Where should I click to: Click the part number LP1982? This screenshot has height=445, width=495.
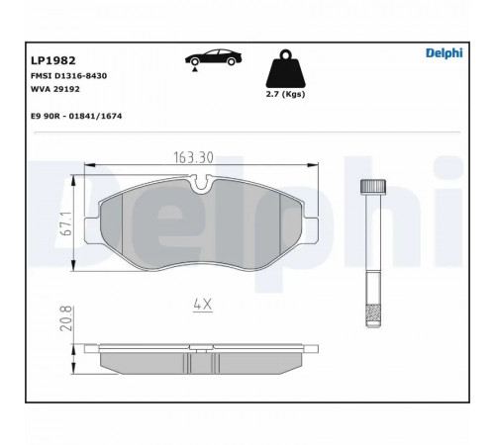click(x=53, y=60)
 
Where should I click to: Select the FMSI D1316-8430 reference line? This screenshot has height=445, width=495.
click(x=68, y=76)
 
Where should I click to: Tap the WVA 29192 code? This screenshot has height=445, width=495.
click(x=55, y=89)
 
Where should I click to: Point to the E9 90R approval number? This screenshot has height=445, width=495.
click(x=76, y=116)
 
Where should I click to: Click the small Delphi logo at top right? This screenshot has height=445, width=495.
click(x=445, y=53)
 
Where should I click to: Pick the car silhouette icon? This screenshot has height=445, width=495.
click(x=214, y=57)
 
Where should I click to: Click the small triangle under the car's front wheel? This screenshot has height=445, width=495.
click(x=195, y=69)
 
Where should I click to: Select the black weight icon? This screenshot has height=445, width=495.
click(x=285, y=69)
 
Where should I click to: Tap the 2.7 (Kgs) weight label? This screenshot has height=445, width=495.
click(x=285, y=94)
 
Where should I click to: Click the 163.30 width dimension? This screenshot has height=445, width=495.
click(x=193, y=157)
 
